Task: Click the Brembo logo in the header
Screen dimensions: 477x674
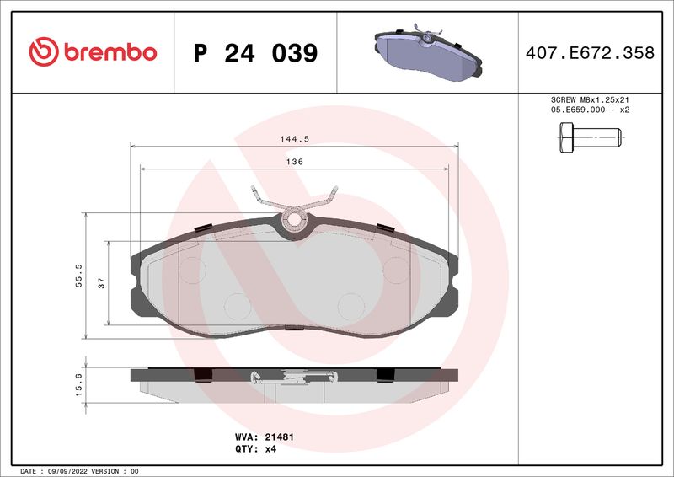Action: click(93, 51)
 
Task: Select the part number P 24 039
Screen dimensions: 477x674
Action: click(255, 53)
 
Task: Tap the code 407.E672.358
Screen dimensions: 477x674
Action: click(589, 53)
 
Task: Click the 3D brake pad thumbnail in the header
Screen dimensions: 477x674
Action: click(426, 51)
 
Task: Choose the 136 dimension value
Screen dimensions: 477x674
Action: click(294, 161)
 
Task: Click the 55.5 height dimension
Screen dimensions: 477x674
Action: click(78, 276)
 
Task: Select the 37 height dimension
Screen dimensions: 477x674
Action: click(101, 283)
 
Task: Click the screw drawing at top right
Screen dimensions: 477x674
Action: click(589, 137)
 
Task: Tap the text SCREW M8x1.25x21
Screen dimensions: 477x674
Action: click(590, 99)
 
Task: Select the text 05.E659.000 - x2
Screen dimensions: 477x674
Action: click(590, 110)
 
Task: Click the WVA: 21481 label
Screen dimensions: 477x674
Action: click(263, 437)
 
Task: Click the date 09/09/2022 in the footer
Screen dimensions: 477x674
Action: click(65, 470)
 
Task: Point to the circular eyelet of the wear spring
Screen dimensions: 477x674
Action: click(295, 221)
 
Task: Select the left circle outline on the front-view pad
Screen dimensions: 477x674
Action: click(192, 269)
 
